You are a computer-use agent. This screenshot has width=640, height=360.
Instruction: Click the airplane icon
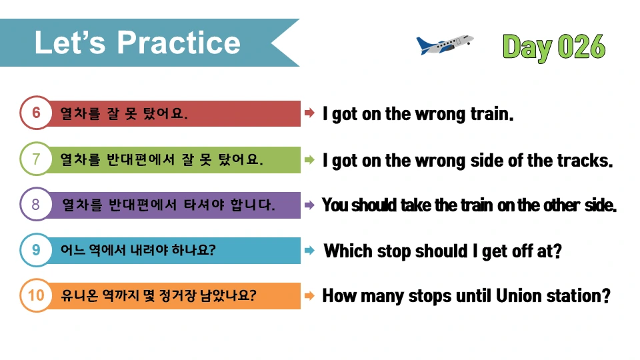pos(445,45)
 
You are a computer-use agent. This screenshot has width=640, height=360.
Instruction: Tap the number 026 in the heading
pos(581,47)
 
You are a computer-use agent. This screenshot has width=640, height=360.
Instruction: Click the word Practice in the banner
pos(179,43)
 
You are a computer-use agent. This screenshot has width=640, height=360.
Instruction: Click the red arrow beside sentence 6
pos(309,113)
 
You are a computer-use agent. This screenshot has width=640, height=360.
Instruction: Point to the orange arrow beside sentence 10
pos(309,295)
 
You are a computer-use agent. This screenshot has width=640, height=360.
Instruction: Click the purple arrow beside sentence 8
pos(309,205)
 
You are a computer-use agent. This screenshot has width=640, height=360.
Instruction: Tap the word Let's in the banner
pos(70,43)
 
